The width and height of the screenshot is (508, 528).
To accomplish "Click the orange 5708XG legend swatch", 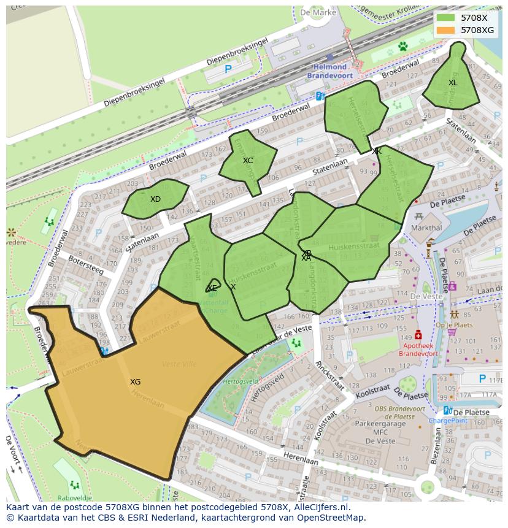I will (446, 30).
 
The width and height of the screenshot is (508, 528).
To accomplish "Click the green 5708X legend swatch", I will (446, 18).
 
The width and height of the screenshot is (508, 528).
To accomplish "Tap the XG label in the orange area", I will (135, 382).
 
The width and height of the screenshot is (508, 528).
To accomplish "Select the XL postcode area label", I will (453, 83).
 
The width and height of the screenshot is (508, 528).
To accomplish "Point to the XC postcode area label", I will (248, 161).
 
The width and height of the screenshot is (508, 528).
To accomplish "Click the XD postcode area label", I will (155, 199).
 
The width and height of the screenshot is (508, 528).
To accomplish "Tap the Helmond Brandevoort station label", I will (329, 71).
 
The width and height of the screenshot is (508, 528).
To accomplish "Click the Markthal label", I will (426, 228).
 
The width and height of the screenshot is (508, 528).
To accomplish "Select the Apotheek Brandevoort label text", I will (418, 350).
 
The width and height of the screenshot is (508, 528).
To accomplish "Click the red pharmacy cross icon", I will (418, 335).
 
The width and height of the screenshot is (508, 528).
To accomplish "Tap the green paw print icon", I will (402, 46).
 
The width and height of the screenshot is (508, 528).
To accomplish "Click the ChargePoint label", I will (447, 421).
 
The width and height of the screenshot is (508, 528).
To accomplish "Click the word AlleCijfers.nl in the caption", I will (320, 507).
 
